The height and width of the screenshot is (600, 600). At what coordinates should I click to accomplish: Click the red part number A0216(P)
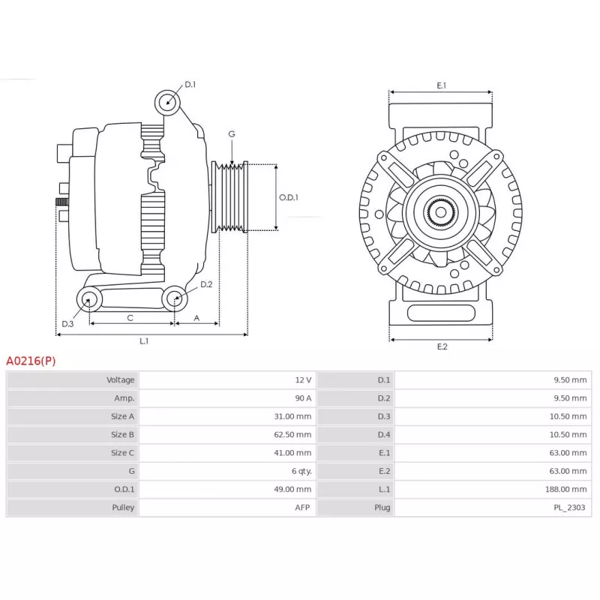31,361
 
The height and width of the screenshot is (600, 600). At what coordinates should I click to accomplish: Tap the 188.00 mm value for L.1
566,490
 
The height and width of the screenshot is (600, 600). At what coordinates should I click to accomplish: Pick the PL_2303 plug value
569,508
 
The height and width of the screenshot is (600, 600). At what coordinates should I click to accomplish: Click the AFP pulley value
302,508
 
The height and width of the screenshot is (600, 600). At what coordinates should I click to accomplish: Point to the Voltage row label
121,380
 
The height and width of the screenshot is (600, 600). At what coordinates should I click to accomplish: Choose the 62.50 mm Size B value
292,435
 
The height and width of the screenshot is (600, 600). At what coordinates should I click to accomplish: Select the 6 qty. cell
301,472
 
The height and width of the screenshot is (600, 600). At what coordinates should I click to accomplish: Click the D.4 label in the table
384,435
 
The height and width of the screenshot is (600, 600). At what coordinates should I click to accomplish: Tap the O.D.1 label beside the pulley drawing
289,197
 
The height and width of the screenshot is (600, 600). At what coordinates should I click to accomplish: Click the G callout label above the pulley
232,134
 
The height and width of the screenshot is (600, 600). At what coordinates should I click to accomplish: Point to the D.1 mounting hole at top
167,102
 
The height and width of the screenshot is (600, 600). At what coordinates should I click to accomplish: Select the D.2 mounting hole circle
175,298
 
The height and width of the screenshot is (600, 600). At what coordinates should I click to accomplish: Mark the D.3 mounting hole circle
89,299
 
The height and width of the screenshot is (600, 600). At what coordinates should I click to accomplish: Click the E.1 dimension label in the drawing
442,85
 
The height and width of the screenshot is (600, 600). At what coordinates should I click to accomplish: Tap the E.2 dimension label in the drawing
442,346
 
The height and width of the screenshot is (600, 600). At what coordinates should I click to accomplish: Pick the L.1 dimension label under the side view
144,341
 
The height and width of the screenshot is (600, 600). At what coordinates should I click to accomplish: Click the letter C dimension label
130,318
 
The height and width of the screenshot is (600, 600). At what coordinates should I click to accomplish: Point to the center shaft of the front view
441,212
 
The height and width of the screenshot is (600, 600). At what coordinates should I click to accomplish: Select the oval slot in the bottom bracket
441,313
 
